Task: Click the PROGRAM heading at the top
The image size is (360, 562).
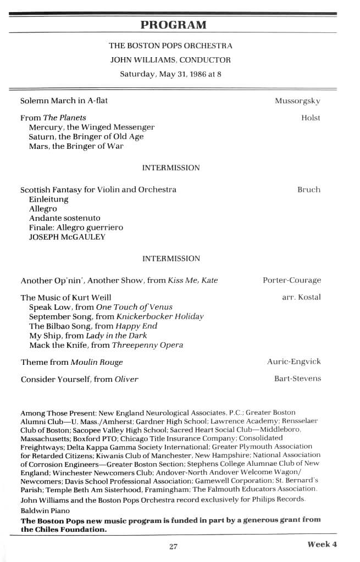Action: (173, 25)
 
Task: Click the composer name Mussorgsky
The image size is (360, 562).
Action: (297, 101)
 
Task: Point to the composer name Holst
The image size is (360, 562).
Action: (311, 118)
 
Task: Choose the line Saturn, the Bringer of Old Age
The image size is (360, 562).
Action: (86, 136)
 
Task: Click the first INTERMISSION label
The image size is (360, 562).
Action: (171, 168)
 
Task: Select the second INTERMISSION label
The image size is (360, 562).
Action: (171, 258)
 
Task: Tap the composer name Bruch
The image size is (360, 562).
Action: (308, 190)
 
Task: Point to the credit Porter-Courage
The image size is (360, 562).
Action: (292, 280)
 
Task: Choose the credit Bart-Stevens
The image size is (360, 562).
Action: (297, 378)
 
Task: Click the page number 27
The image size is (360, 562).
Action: (174, 546)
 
